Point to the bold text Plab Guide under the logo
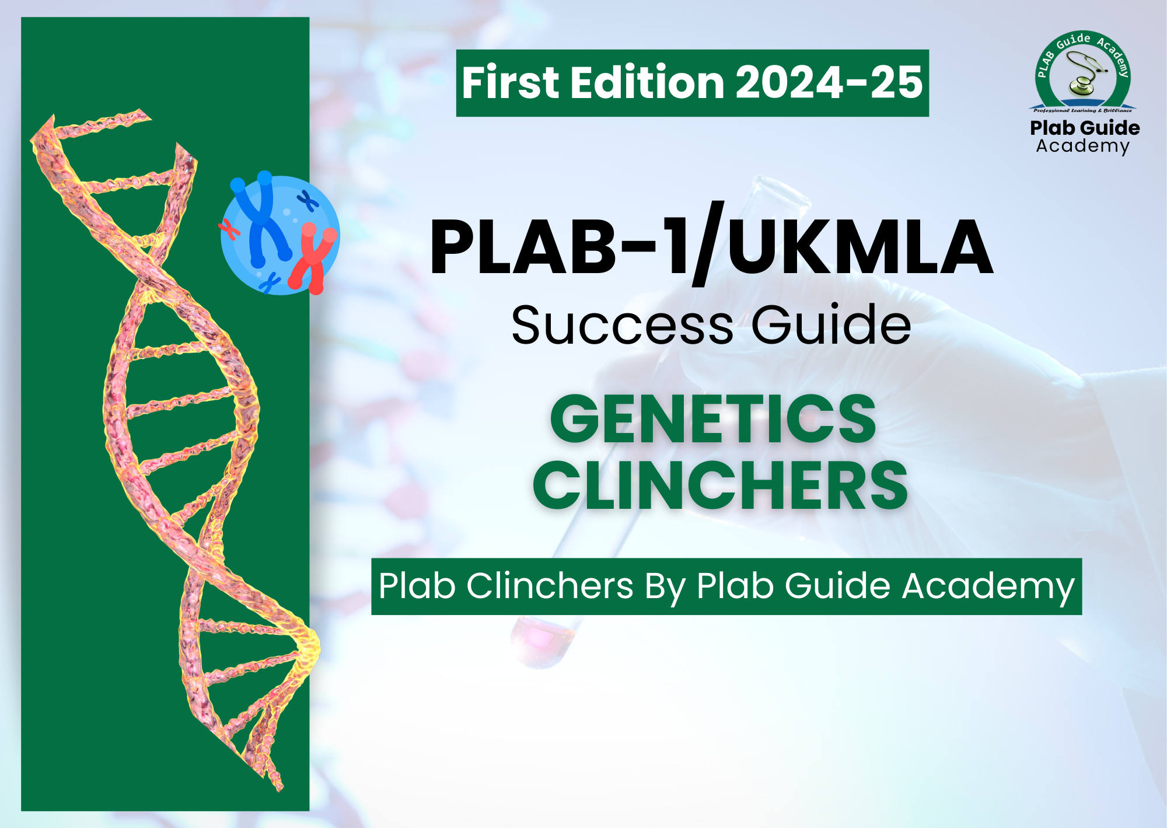click(x=1085, y=128)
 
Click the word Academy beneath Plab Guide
click(x=1083, y=146)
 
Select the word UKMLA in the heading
click(x=860, y=246)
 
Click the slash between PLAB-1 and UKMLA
click(x=708, y=243)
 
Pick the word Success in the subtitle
click(x=622, y=326)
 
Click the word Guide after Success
click(x=831, y=324)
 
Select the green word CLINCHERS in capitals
click(x=720, y=485)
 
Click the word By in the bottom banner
click(x=665, y=587)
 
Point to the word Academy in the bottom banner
click(x=988, y=587)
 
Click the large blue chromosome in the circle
click(x=260, y=219)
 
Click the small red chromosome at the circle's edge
click(x=229, y=229)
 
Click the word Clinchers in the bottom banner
click(x=550, y=586)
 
